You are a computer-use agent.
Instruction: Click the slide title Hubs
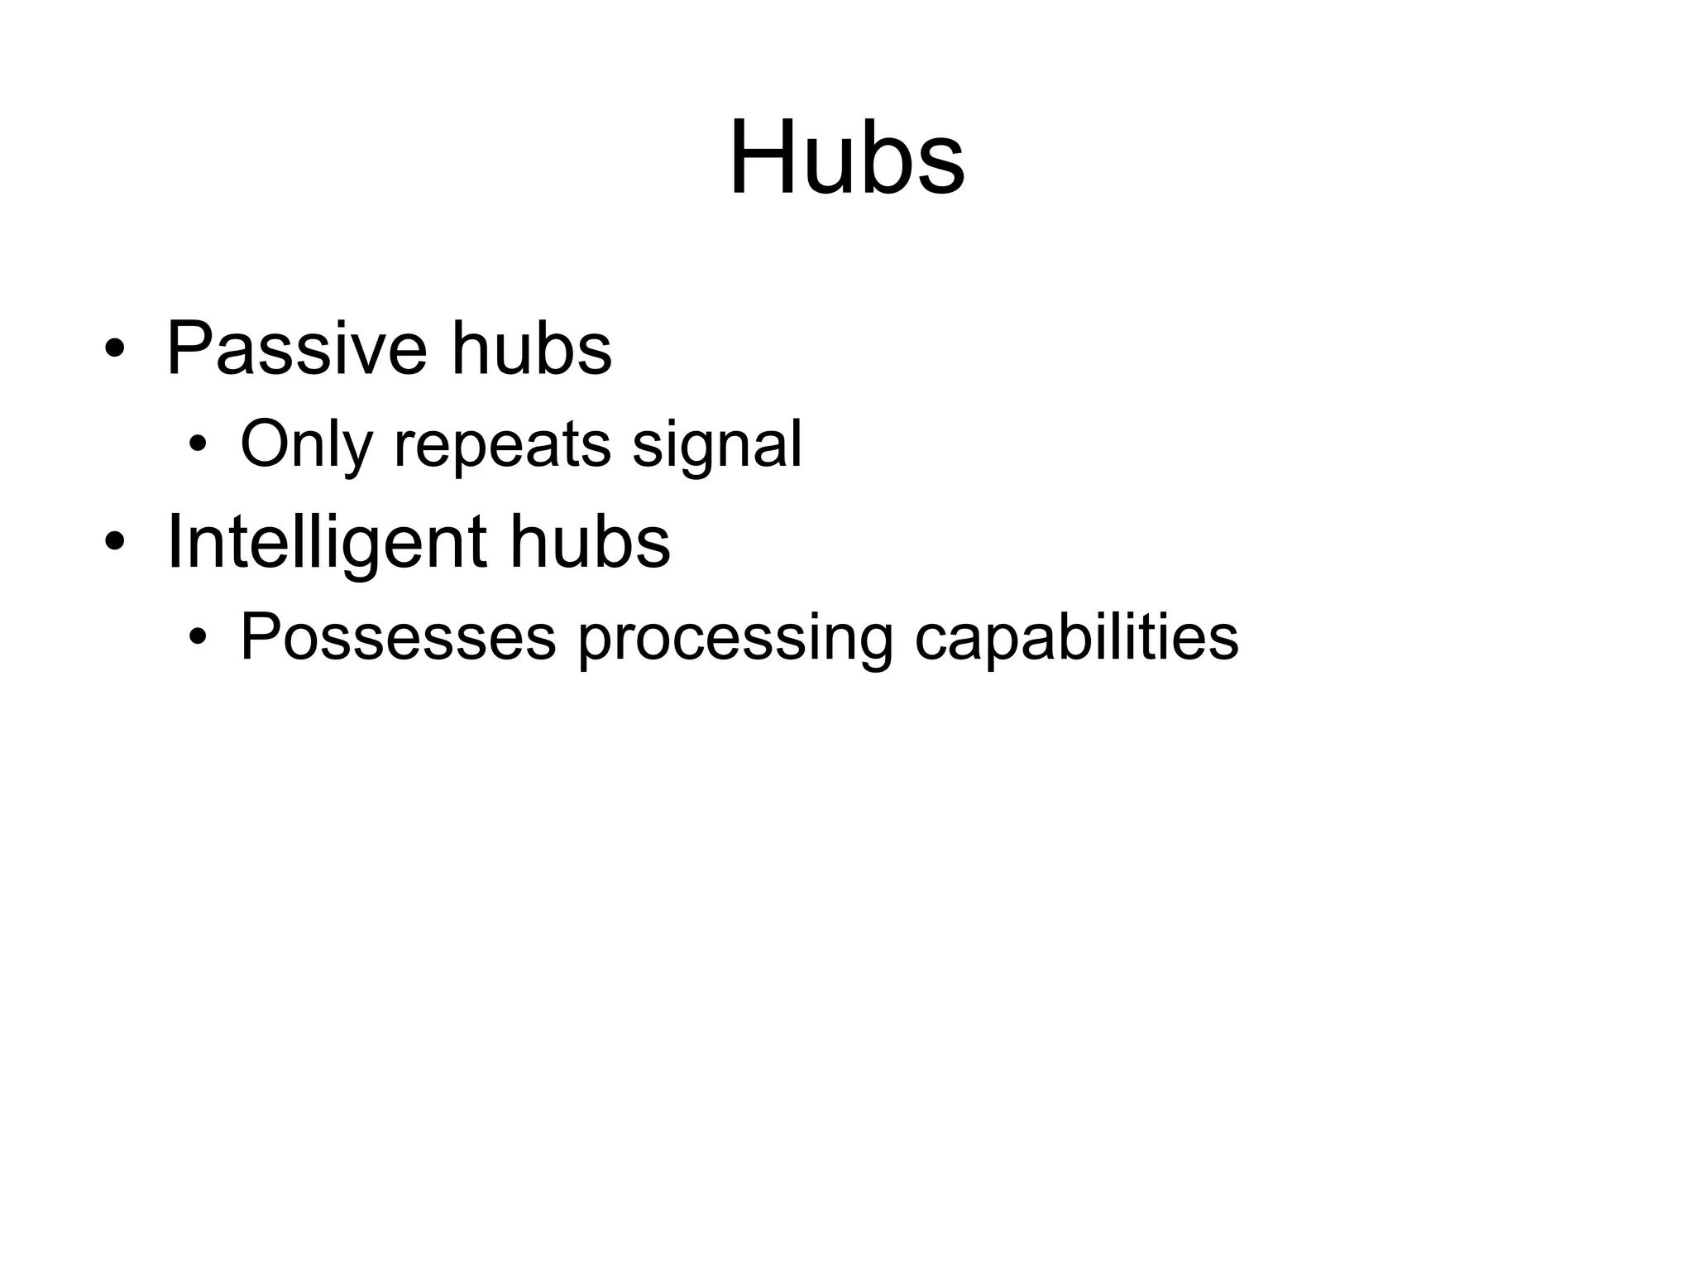[x=846, y=157]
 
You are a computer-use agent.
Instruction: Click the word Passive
[x=297, y=348]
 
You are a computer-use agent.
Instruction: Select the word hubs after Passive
[x=531, y=348]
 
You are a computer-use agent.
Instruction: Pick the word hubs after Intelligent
[x=590, y=542]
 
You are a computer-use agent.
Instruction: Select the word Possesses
[x=398, y=637]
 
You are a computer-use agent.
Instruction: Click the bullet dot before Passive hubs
[x=115, y=348]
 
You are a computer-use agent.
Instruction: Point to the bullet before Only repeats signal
[x=197, y=446]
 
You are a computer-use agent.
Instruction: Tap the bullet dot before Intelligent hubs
[x=115, y=542]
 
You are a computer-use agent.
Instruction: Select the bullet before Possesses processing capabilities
[x=197, y=638]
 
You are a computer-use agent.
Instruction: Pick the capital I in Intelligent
[x=173, y=542]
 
